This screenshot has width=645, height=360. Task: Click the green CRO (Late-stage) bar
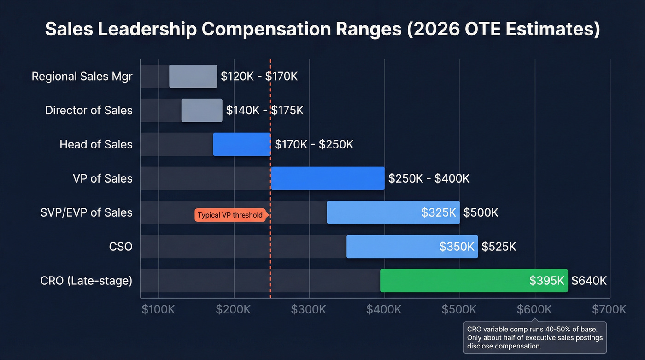click(474, 280)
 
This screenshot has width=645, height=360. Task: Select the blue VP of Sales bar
click(328, 178)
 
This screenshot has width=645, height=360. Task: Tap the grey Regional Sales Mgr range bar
click(193, 77)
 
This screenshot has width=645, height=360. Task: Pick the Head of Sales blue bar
click(242, 144)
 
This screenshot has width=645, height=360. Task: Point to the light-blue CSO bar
click(412, 247)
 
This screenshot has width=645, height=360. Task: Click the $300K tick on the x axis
click(309, 309)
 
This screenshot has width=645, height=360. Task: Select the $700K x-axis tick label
click(609, 309)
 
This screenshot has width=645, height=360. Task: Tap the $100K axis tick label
click(158, 309)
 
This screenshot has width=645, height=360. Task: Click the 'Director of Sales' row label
click(88, 111)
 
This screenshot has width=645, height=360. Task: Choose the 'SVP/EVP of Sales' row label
click(86, 212)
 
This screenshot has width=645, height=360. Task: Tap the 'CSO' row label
click(121, 247)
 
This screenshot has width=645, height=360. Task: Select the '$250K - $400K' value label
click(428, 178)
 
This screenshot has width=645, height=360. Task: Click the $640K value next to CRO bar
click(589, 280)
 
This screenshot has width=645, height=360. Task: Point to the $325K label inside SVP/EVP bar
click(439, 212)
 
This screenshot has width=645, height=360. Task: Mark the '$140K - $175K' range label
click(264, 111)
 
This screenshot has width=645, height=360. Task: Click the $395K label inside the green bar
click(547, 280)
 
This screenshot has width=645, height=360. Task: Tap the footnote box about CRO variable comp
click(534, 337)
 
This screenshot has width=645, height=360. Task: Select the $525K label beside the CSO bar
click(498, 247)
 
